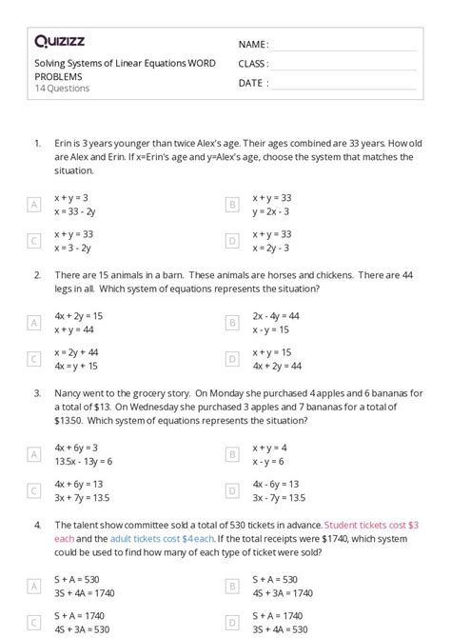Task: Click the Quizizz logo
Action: [60, 41]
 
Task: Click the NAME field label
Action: [253, 45]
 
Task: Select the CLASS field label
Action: [254, 64]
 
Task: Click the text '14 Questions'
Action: [62, 89]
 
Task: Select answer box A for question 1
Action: [34, 204]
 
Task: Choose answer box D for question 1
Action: [231, 241]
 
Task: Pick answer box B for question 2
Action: [231, 323]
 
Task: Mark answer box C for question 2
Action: [34, 359]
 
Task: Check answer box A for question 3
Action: [34, 454]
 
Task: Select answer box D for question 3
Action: [231, 490]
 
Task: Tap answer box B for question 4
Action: [231, 586]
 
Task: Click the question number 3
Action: [37, 391]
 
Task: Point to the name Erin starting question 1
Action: [64, 143]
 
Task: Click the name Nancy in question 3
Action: [69, 391]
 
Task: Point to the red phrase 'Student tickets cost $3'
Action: [371, 524]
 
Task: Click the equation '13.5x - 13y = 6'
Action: [84, 461]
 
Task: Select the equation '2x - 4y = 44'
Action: [276, 316]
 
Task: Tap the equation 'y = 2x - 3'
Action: [271, 210]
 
